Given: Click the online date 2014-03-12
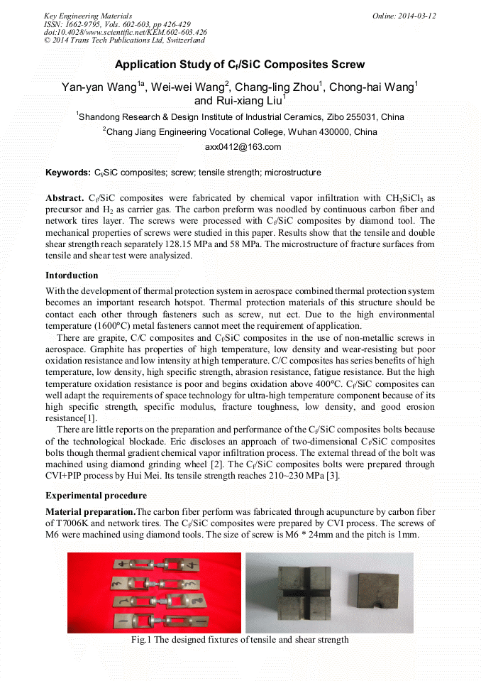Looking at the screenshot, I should tap(415, 16).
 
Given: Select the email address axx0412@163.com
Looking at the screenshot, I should tap(243, 147).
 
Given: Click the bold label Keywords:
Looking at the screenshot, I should tap(67, 173).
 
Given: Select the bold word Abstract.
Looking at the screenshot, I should tap(65, 197).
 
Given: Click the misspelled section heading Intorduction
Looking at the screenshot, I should tap(72, 275).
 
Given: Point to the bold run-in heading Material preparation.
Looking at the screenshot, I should tap(90, 511).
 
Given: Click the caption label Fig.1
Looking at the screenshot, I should tap(142, 640).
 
